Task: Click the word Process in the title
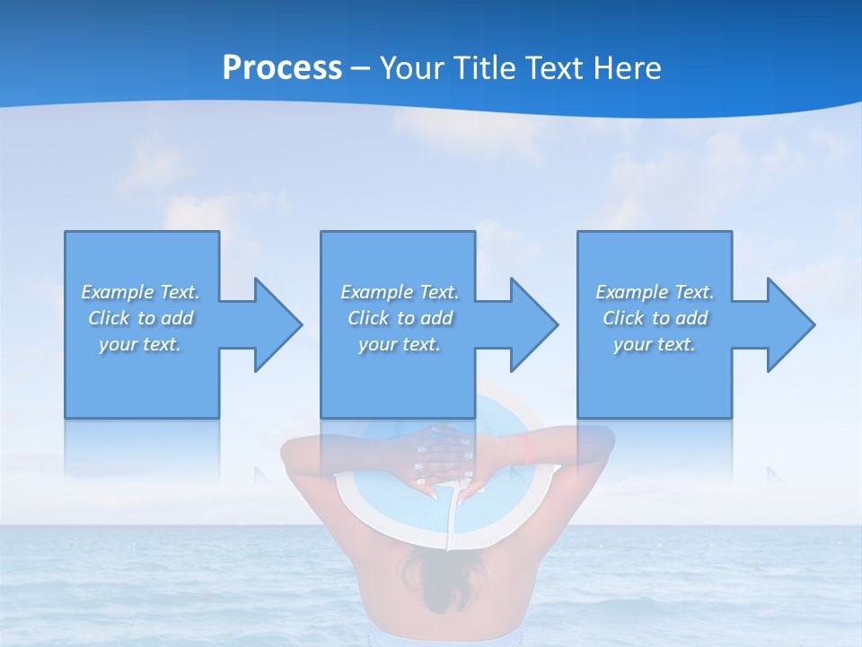pos(282,68)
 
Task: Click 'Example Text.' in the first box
pos(141,292)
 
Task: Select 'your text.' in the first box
pos(141,344)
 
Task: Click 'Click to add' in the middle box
pos(400,318)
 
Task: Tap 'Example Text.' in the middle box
pos(400,292)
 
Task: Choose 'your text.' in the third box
pos(655,344)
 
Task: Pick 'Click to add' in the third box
pos(655,318)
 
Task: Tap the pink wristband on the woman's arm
pos(527,447)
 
